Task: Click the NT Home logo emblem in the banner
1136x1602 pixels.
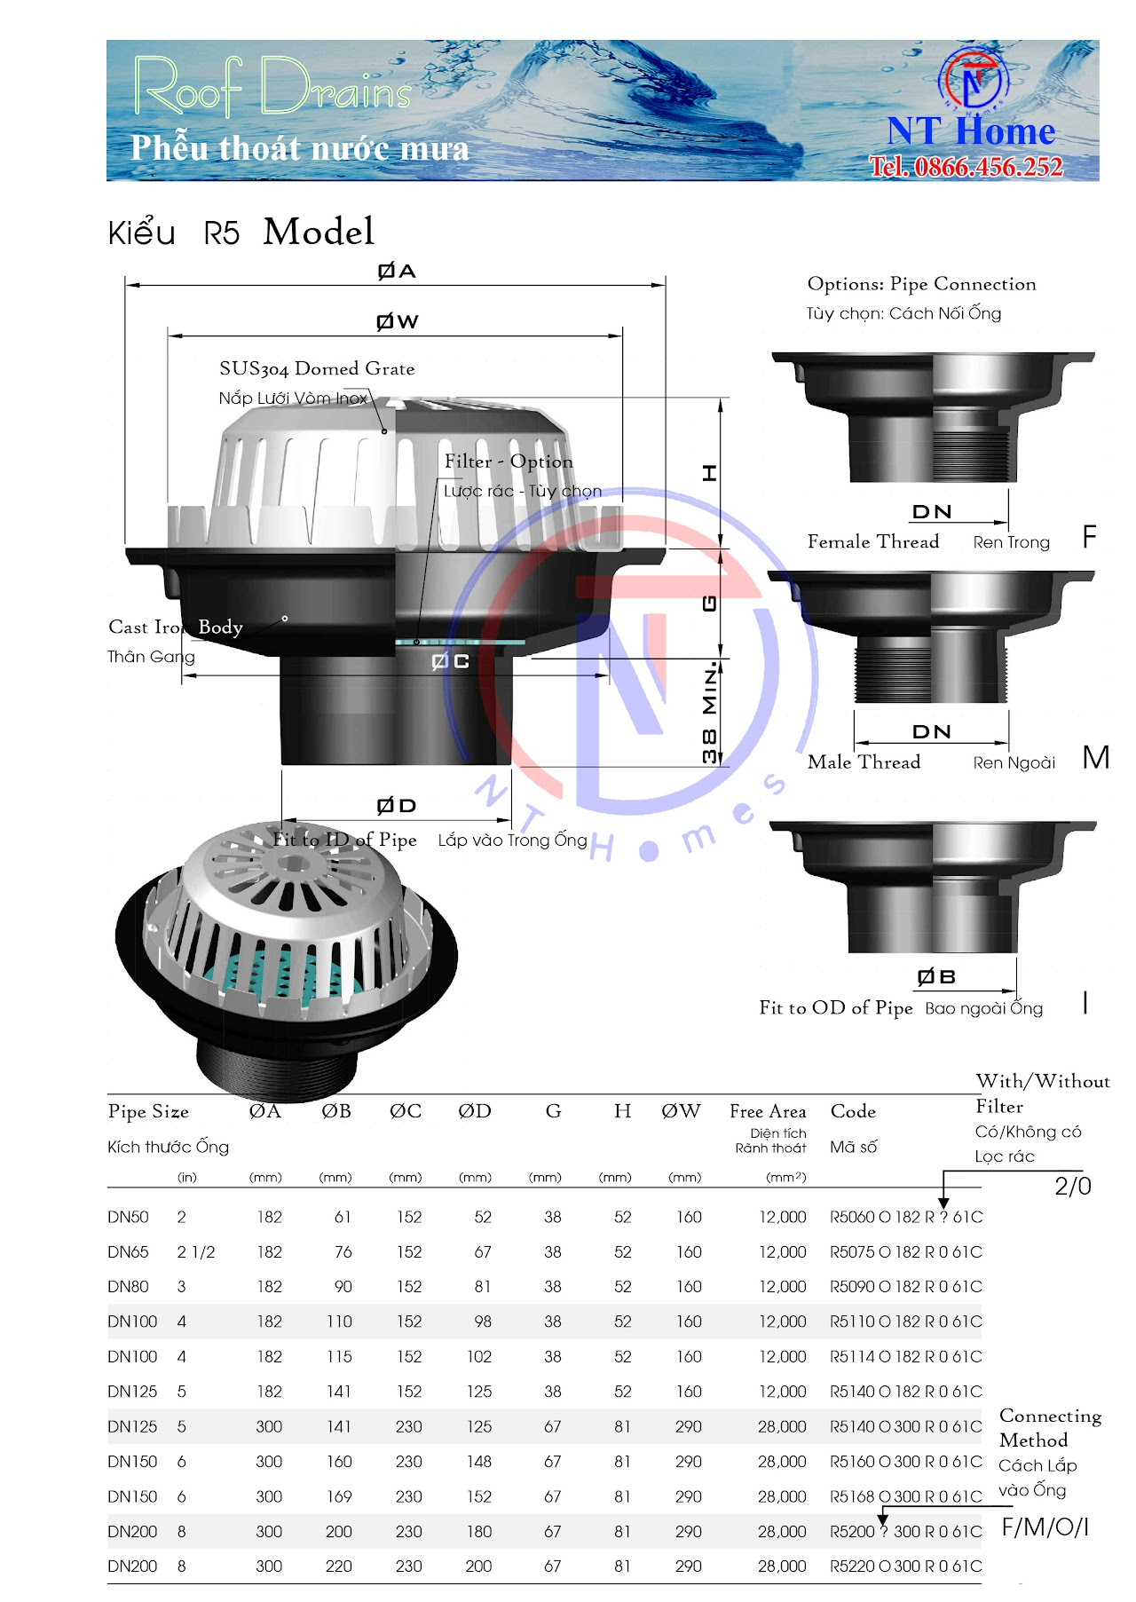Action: pos(974,78)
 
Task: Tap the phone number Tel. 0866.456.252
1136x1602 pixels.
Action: pos(966,166)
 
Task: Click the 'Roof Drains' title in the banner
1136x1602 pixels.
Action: pos(273,86)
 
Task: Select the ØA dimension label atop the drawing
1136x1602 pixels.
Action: pos(397,271)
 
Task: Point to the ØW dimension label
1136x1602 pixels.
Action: pos(397,321)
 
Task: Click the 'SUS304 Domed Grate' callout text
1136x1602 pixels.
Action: pos(317,368)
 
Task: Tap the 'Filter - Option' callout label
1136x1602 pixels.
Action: pos(509,462)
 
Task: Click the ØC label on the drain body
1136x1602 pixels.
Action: pos(450,661)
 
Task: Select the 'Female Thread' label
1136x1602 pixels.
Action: pos(873,541)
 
